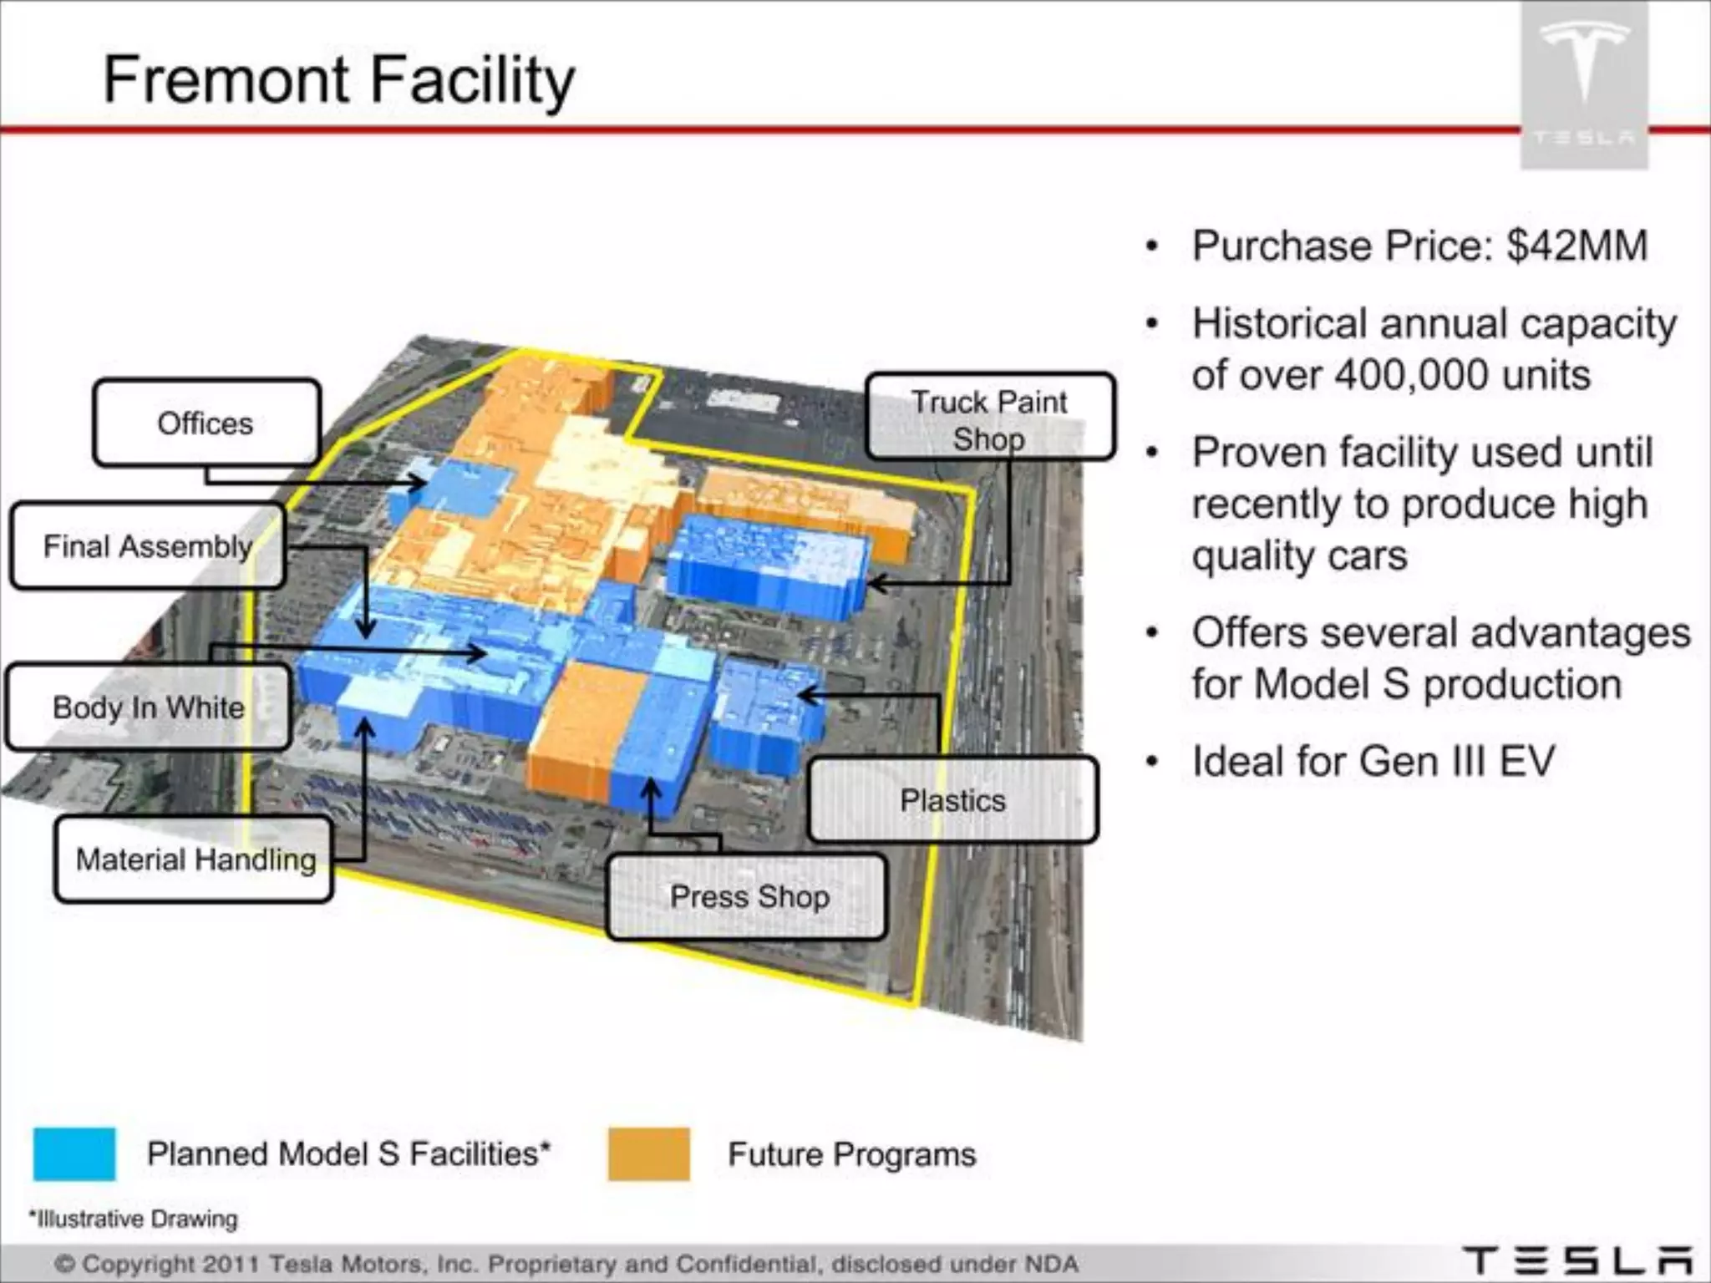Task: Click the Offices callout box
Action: (x=206, y=423)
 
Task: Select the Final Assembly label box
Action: (x=147, y=546)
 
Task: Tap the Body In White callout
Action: (x=148, y=707)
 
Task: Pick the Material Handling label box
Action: (x=195, y=860)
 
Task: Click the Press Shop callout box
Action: (x=749, y=897)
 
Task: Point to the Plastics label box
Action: (x=952, y=800)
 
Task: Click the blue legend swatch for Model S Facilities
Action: (x=74, y=1154)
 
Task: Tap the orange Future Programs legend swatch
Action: (x=648, y=1154)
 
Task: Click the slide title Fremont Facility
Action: (x=338, y=79)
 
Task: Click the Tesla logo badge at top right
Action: (x=1583, y=84)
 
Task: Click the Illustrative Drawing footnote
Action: (x=134, y=1219)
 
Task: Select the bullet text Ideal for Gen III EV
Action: (x=1373, y=761)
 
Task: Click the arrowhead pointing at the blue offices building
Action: (x=420, y=483)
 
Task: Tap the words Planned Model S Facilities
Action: (x=348, y=1154)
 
